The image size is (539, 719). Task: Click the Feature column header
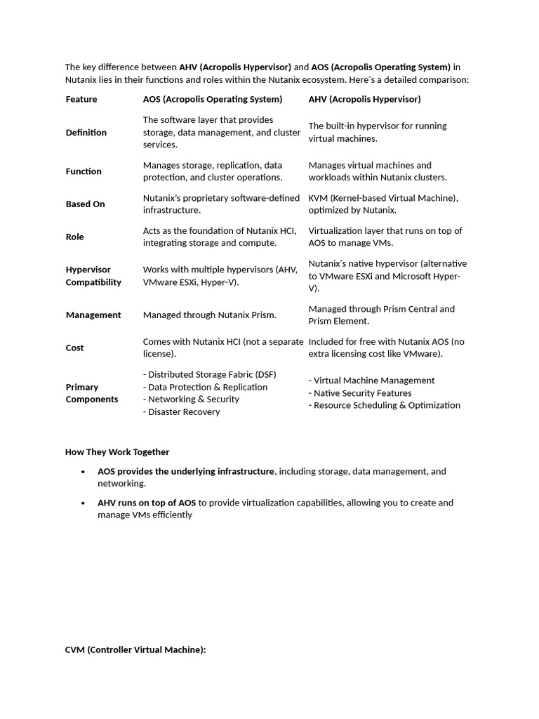click(81, 99)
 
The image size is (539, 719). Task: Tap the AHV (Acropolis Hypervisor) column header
click(364, 99)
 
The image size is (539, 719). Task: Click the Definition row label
click(86, 133)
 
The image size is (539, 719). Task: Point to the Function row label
click(84, 171)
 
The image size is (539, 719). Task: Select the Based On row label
click(85, 204)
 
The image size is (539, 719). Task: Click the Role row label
click(74, 237)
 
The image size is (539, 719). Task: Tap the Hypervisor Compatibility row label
click(93, 276)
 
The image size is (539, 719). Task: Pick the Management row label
click(93, 315)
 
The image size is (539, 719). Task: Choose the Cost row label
click(74, 348)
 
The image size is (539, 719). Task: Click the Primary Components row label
click(92, 393)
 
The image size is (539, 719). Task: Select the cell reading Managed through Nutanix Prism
click(210, 315)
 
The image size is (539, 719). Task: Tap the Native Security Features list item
click(361, 393)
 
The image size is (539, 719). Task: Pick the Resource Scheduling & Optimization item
click(385, 405)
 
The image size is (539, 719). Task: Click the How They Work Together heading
click(117, 452)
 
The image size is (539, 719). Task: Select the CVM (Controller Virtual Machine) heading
click(135, 650)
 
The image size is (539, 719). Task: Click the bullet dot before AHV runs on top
click(84, 503)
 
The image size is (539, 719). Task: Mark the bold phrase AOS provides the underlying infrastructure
click(186, 472)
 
